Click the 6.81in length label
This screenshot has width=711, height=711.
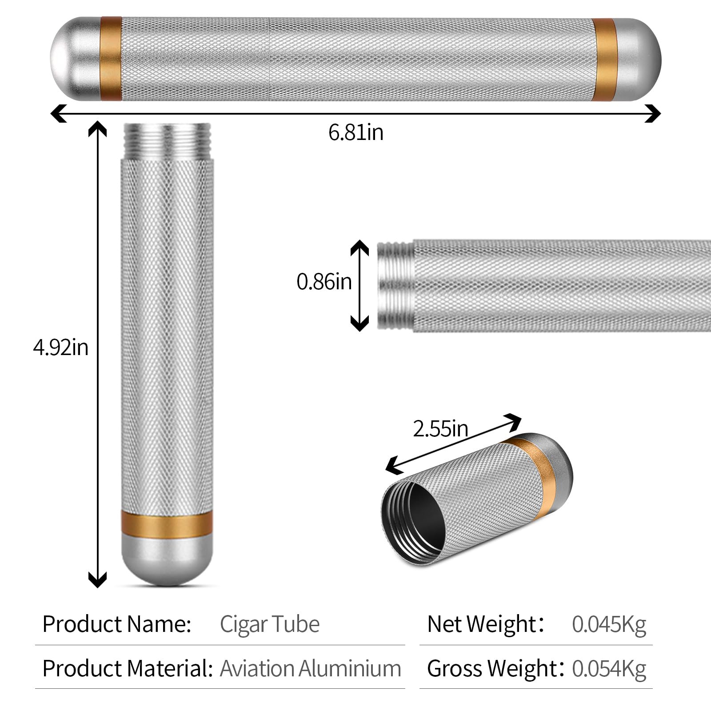[x=356, y=132]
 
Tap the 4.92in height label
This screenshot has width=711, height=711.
[x=61, y=347]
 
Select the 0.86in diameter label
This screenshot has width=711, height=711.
[x=324, y=282]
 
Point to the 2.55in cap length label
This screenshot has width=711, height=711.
[x=440, y=429]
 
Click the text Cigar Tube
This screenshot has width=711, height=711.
[x=270, y=624]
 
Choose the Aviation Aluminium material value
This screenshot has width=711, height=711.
[x=311, y=668]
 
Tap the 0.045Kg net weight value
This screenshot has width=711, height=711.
[x=609, y=624]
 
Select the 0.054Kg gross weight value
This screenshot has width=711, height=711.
[x=609, y=668]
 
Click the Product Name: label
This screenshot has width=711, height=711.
[x=117, y=624]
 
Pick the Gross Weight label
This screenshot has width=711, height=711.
[x=492, y=668]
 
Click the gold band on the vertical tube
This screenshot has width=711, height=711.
[x=167, y=523]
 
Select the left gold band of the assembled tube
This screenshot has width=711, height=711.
[x=111, y=59]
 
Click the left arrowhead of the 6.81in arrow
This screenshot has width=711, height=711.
[x=59, y=113]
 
